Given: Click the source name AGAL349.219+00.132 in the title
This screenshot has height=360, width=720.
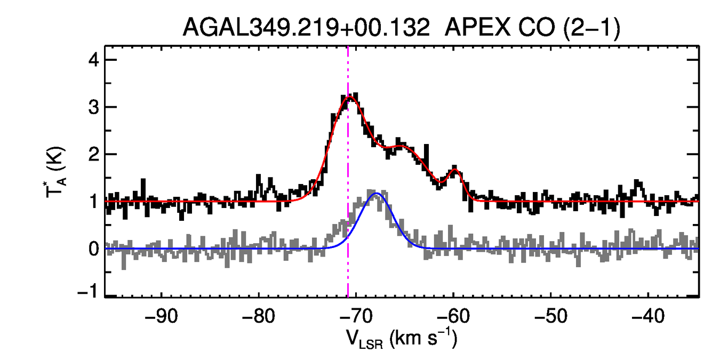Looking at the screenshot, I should [x=306, y=27].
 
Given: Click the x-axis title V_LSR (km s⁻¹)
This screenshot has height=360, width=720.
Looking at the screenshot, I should [x=401, y=339].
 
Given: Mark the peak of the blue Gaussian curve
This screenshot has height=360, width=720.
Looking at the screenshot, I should [x=376, y=193].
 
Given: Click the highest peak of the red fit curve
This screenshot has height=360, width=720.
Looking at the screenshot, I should [x=349, y=97].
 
